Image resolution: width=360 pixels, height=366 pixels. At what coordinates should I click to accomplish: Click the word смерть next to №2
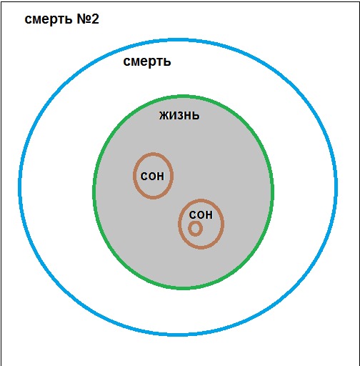coord(49,19)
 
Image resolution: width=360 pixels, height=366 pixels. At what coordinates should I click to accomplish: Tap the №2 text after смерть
coord(88,19)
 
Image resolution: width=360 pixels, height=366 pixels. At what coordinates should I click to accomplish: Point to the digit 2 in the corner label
coord(95,19)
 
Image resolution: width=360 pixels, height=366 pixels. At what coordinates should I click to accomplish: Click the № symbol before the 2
coord(84,19)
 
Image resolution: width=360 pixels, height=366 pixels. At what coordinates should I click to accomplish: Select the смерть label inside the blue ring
coord(147,61)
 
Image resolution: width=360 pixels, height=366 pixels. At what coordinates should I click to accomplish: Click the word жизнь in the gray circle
coord(179,116)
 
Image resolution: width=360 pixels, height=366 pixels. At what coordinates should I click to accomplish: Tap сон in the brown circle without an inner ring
coord(152,177)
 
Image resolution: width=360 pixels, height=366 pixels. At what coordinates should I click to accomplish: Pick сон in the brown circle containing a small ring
coord(201,215)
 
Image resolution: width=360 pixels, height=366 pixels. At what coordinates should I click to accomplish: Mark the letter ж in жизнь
coord(164,116)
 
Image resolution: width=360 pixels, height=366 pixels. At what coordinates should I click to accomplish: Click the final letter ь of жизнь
coord(196,116)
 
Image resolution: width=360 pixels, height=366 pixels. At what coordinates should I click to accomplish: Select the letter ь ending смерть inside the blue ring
coord(167,61)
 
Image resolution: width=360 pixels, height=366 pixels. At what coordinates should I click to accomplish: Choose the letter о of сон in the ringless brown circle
coord(152,177)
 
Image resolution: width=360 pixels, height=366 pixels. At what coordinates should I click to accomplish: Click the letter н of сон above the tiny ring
coord(209,215)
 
